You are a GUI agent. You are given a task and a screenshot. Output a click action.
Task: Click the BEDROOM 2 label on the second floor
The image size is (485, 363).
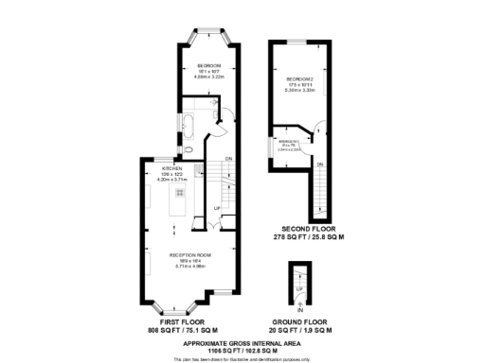click(300, 78)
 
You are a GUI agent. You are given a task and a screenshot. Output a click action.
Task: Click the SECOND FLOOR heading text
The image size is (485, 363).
click(301, 229)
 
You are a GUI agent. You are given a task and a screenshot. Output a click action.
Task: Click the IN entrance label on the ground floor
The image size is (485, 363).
click(299, 310)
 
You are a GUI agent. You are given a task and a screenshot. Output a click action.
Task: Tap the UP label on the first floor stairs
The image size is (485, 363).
click(217, 207)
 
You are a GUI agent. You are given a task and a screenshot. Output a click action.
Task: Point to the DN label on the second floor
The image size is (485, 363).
click(320, 164)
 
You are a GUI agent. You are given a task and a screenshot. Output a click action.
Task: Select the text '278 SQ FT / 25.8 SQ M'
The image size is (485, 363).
click(301, 236)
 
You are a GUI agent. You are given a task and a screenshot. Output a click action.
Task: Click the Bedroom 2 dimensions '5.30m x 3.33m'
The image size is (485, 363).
click(300, 90)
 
